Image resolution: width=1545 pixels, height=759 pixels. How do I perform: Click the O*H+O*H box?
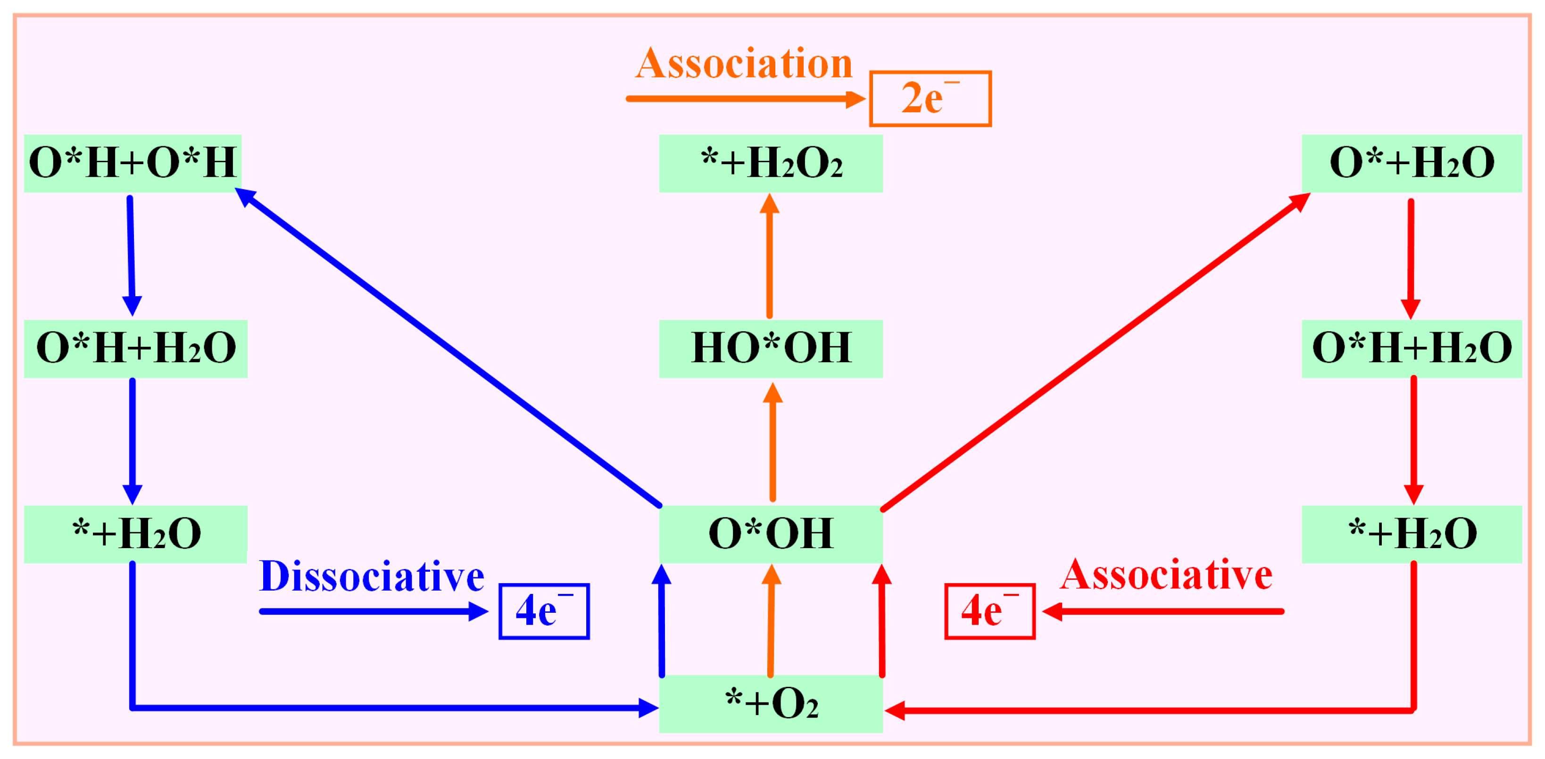click(133, 163)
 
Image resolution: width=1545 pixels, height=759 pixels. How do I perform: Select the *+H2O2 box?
click(771, 163)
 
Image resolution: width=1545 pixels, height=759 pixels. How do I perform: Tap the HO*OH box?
click(771, 349)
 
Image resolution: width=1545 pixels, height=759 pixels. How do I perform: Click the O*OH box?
click(771, 534)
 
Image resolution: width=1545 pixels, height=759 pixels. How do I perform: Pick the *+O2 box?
click(771, 703)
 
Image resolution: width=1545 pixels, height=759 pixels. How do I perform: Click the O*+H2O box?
click(1411, 163)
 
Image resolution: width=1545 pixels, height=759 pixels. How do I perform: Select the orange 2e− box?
click(930, 99)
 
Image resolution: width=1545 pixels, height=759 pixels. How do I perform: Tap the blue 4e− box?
click(544, 611)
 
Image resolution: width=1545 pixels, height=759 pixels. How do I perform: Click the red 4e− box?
click(989, 611)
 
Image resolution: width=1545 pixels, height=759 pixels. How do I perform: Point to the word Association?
click(744, 64)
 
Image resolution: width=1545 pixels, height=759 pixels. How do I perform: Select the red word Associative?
click(1167, 576)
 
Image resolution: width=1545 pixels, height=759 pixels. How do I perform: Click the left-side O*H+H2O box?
click(135, 349)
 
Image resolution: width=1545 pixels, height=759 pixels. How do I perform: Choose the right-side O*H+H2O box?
click(1411, 349)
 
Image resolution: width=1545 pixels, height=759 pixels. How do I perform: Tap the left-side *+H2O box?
click(135, 534)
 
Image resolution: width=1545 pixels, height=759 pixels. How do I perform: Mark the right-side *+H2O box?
click(1411, 534)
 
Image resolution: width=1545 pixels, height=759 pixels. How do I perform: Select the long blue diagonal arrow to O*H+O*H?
click(450, 348)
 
